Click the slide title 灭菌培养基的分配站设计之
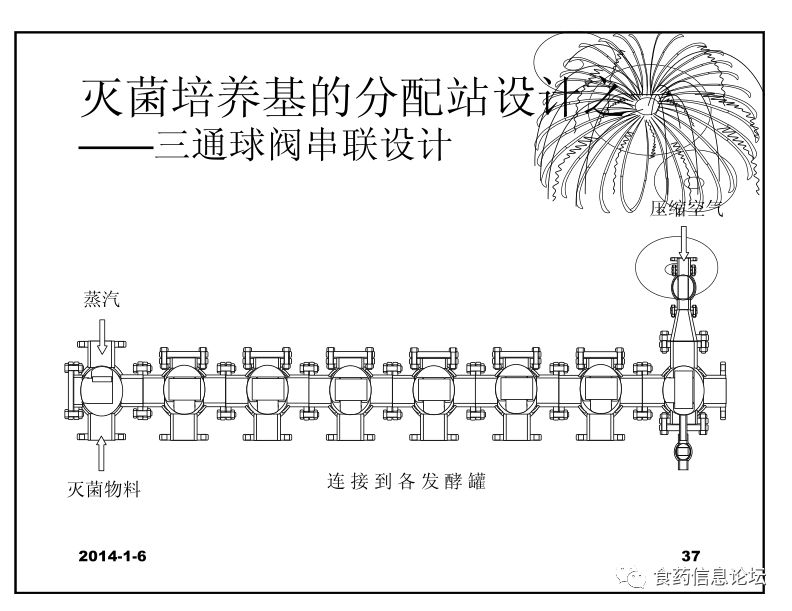350,100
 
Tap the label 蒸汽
103,299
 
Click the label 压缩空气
684,210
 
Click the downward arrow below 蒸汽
103,337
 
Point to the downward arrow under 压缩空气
684,242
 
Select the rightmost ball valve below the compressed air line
684,391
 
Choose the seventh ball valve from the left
601,391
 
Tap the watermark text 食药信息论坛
709,577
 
